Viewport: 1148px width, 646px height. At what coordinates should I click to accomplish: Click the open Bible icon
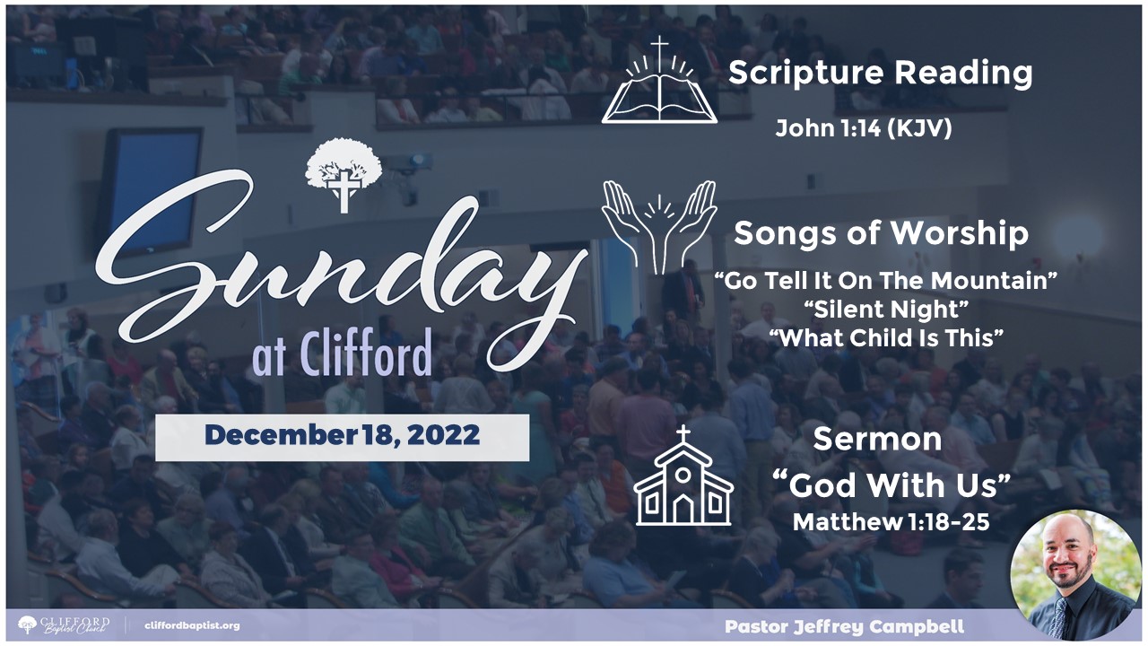click(x=659, y=81)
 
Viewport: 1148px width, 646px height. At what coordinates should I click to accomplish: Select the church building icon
click(x=683, y=476)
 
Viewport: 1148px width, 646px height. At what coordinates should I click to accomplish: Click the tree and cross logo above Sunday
click(x=344, y=174)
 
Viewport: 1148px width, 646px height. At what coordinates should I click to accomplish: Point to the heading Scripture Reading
click(x=880, y=74)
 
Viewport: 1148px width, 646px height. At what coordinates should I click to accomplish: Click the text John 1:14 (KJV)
click(x=864, y=128)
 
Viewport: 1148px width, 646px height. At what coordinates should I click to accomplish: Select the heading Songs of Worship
click(x=881, y=234)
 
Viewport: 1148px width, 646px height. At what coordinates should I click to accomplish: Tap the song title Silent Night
click(x=886, y=310)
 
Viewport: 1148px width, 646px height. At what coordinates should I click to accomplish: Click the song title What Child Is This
click(x=886, y=338)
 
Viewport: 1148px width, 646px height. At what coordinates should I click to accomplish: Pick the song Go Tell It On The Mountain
click(x=886, y=281)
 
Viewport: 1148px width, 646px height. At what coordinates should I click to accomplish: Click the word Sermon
click(x=877, y=440)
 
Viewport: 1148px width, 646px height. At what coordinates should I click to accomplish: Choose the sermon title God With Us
click(x=891, y=485)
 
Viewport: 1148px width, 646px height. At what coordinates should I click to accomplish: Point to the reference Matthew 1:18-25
click(x=891, y=522)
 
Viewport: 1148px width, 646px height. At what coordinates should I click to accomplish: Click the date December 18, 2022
click(x=343, y=435)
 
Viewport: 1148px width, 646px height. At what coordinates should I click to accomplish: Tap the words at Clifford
click(x=342, y=354)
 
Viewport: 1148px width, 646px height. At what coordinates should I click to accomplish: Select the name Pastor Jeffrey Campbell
click(x=845, y=626)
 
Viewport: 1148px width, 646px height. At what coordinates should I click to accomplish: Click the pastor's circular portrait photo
click(x=1075, y=575)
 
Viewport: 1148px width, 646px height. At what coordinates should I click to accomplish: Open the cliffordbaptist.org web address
click(x=192, y=626)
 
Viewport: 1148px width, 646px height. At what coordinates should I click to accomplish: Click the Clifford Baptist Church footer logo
click(x=64, y=625)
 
